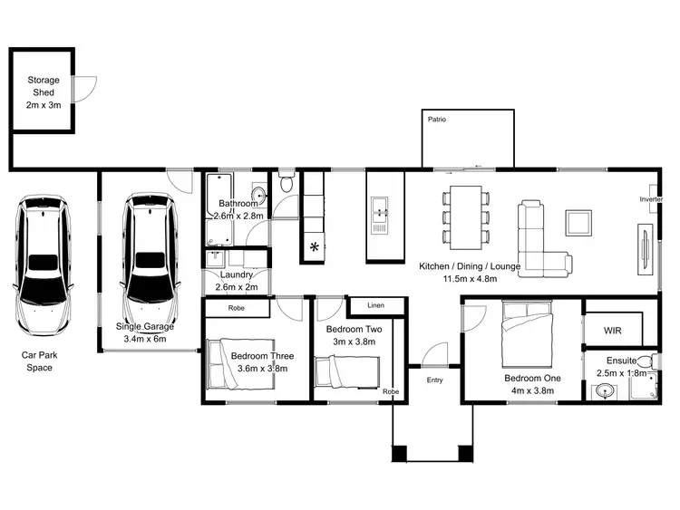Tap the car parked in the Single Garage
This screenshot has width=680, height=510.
148,249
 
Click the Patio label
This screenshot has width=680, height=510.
437,120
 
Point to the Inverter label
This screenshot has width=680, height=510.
651,198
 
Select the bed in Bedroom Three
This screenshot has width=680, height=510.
240,364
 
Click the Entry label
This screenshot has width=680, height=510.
434,380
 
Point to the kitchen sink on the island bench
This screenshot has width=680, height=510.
381,215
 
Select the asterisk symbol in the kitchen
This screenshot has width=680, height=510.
315,246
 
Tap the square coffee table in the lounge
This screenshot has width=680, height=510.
578,222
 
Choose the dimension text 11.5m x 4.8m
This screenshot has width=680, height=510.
469,279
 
